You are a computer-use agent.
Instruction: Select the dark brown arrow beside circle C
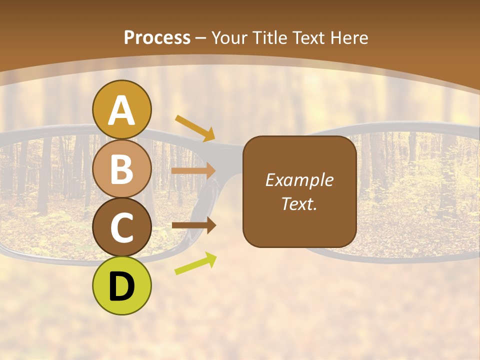coord(193,225)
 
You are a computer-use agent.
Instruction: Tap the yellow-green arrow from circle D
coord(195,263)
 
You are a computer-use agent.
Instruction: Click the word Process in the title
coord(157,37)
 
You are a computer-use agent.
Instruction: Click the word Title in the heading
coord(269,38)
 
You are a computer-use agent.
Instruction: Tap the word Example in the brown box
coord(299,180)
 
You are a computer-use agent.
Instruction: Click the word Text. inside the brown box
coord(299,203)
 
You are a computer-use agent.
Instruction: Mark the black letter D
coord(121,286)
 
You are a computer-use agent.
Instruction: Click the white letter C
coord(121,228)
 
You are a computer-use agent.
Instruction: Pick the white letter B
coord(121,169)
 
